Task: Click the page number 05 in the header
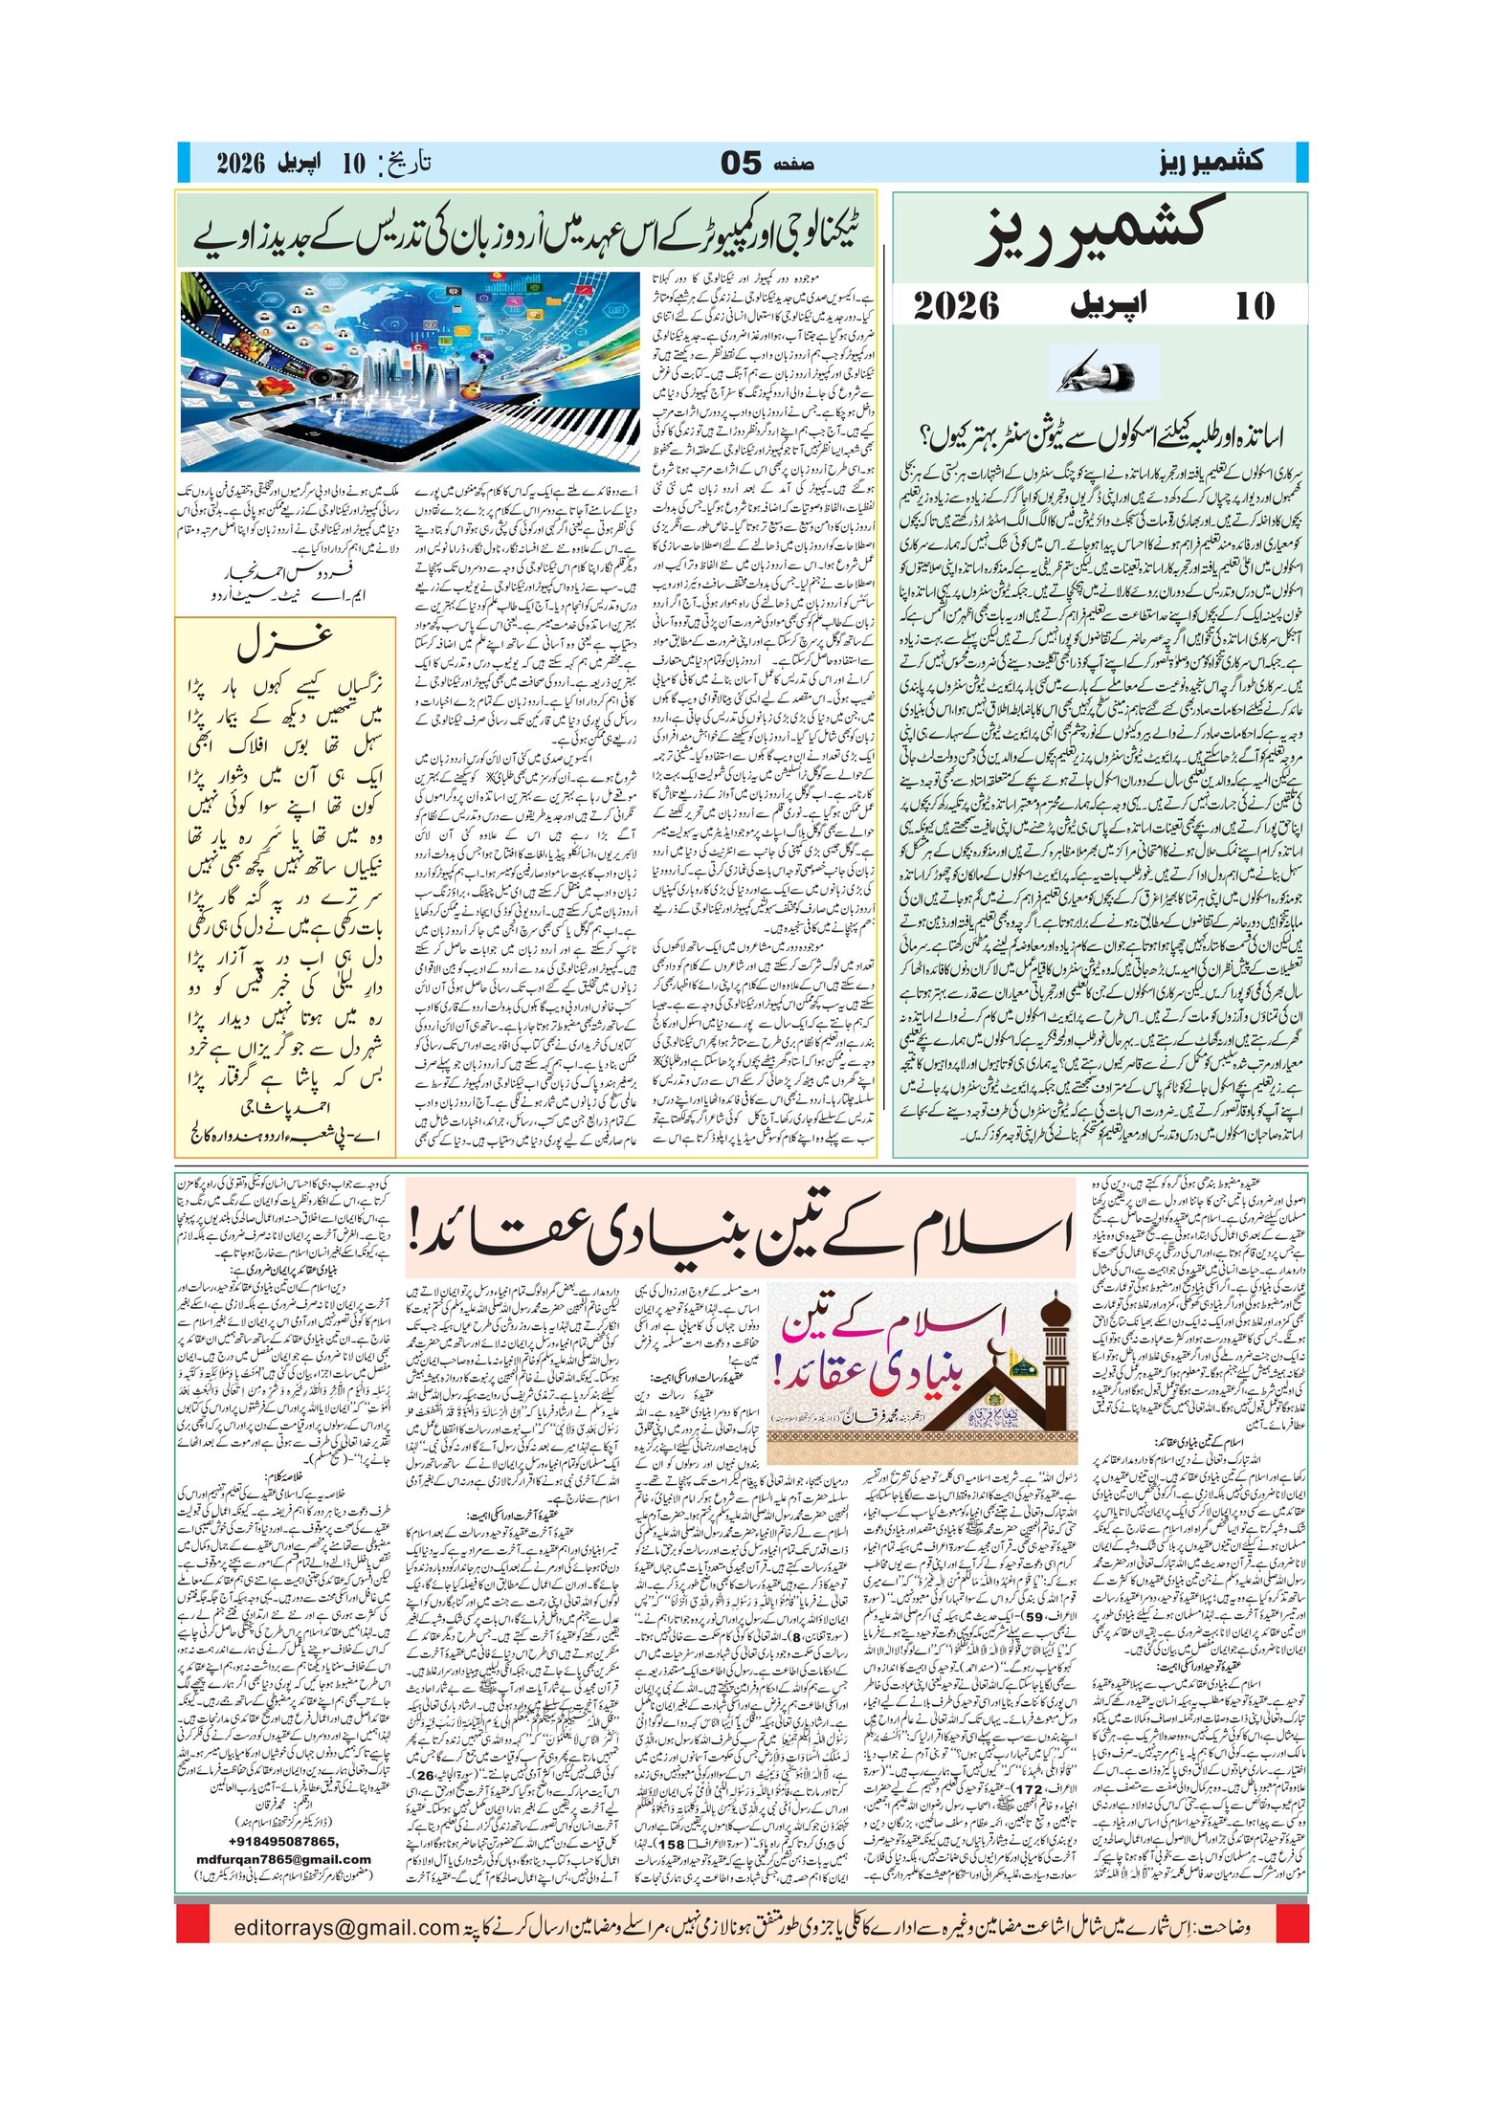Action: (742, 163)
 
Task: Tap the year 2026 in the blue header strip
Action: (240, 163)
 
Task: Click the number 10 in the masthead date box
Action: (1254, 306)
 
